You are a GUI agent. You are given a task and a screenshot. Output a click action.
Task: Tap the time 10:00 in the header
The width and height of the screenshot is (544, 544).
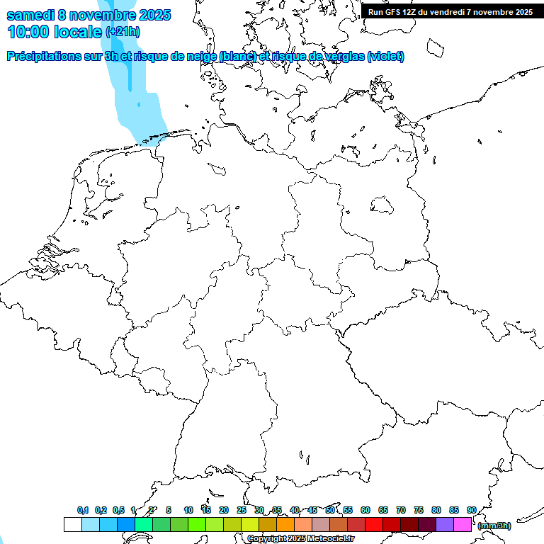[28, 32]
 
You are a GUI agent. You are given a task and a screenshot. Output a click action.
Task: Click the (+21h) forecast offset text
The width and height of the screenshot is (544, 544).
[123, 32]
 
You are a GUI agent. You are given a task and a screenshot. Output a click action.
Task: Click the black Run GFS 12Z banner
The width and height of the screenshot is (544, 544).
[450, 11]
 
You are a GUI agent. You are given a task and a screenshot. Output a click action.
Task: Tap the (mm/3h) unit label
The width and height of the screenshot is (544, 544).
[494, 526]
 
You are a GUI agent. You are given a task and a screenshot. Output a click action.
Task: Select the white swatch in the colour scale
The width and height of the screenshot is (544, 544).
[72, 524]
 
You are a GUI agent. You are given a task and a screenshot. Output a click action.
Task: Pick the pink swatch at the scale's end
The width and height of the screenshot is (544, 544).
[463, 524]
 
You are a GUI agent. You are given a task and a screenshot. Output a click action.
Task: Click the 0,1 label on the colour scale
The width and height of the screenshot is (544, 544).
[83, 511]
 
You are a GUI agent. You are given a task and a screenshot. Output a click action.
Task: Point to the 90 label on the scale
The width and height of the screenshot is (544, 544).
[471, 511]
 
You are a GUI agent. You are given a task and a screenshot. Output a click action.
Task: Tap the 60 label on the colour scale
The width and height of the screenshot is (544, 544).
[365, 511]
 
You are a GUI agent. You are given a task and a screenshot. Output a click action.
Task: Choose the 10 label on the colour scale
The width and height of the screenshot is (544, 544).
[188, 511]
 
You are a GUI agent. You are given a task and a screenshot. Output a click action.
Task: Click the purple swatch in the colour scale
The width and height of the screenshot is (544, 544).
[445, 524]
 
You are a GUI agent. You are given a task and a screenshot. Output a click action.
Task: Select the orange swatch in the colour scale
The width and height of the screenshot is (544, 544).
[285, 524]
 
